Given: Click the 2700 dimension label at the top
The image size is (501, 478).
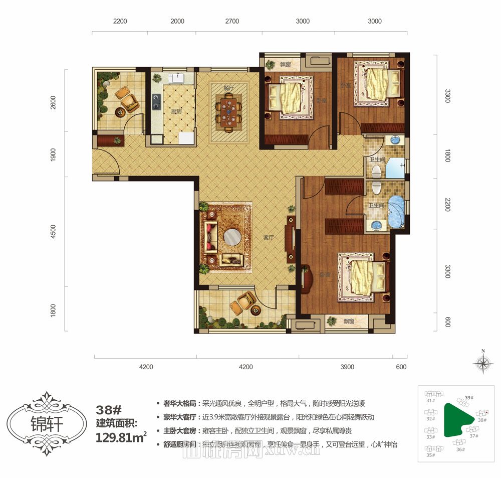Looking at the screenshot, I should pos(232,22).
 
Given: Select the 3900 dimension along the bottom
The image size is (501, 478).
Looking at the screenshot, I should pos(347,367).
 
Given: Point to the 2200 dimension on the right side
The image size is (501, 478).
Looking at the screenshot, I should pos(448,204).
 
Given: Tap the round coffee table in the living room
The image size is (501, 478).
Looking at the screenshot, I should pos(232,237).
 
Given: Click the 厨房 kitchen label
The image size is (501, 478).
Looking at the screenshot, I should pos(176,112).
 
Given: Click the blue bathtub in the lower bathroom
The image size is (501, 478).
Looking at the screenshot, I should pos(396,212).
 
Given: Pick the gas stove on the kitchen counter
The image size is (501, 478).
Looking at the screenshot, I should pos(156,102).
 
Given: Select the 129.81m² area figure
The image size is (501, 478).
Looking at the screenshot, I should pos(121,437).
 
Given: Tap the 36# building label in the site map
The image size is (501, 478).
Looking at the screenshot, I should pos(460,449).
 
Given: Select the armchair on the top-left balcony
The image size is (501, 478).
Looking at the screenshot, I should pos(128,99).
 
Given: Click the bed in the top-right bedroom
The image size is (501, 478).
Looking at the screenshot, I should pos(379,83).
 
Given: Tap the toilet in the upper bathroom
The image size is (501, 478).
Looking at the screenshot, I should pos(376,171).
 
